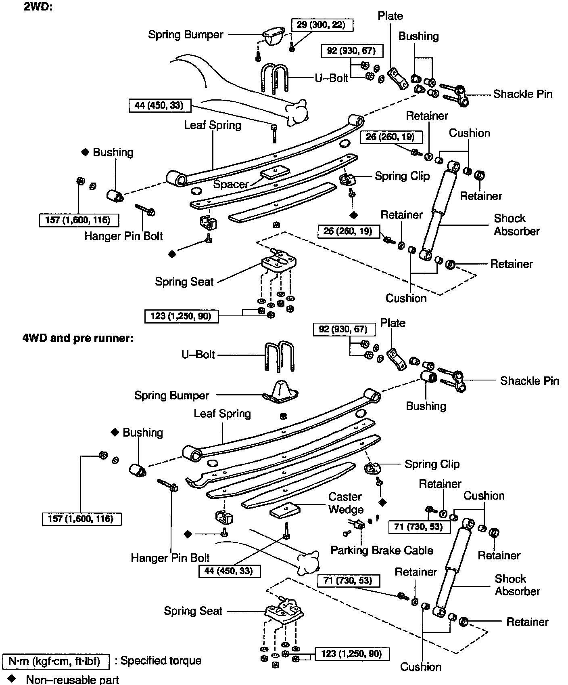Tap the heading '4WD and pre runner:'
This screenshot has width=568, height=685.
[77, 338]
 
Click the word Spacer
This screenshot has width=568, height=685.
[231, 185]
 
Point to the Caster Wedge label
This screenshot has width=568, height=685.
[345, 503]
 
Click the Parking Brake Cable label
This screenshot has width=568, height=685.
[381, 550]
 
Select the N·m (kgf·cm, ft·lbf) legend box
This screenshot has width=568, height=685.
[56, 662]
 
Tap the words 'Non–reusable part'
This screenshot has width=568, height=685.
[72, 679]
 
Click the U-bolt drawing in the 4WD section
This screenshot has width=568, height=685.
[279, 356]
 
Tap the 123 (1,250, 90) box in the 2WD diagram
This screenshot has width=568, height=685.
[182, 316]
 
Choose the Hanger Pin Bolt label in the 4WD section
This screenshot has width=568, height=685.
[170, 558]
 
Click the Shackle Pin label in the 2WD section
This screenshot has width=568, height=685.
[522, 94]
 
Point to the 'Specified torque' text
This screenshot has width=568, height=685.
[161, 661]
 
